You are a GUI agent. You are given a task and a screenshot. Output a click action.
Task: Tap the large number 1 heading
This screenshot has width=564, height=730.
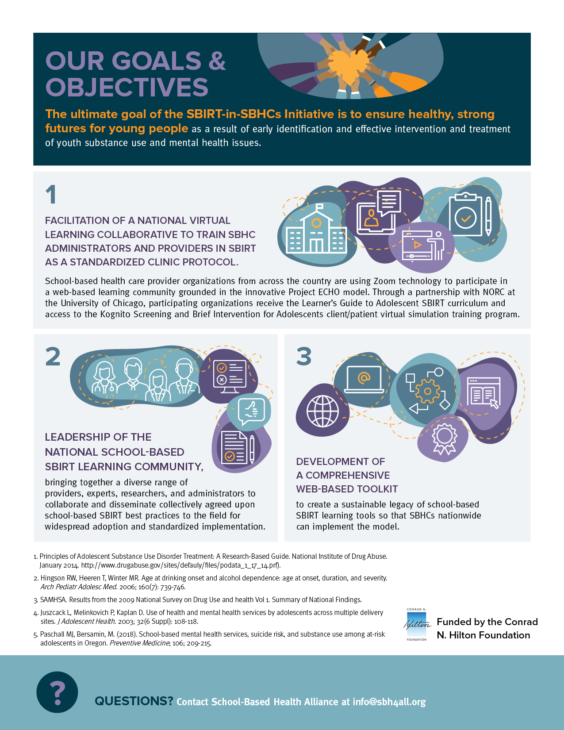click(51, 195)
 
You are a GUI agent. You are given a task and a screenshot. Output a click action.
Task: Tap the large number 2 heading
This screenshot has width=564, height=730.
click(53, 357)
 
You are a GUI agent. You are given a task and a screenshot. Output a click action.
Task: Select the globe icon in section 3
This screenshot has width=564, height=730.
click(322, 411)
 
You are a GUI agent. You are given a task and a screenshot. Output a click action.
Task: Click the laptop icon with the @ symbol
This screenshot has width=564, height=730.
click(364, 380)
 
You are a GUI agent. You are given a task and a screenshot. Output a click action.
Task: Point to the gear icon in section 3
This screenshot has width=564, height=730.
click(428, 392)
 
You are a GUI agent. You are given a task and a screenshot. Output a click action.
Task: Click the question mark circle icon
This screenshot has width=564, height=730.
click(57, 692)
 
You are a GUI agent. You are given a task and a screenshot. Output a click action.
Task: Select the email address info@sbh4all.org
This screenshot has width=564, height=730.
click(389, 702)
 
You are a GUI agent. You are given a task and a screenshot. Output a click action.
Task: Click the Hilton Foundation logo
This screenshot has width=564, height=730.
click(417, 625)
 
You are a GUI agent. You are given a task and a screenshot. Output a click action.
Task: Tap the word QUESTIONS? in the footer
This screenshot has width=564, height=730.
click(134, 701)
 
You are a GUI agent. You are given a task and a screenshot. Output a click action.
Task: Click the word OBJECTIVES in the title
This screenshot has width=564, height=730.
click(127, 87)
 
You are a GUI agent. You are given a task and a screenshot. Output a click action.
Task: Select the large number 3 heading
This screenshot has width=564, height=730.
click(304, 357)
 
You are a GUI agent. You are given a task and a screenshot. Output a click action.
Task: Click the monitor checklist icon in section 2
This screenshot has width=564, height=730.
click(230, 376)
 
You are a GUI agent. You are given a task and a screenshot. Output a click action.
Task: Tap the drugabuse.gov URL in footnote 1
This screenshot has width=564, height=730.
click(181, 565)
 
